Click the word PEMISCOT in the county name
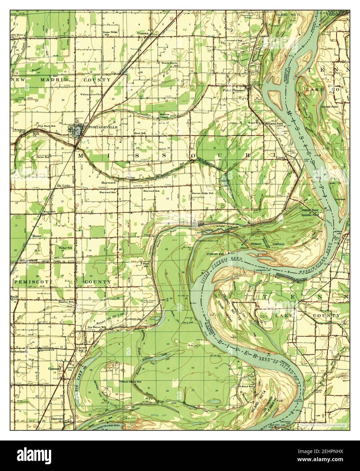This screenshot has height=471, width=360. [31, 282]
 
